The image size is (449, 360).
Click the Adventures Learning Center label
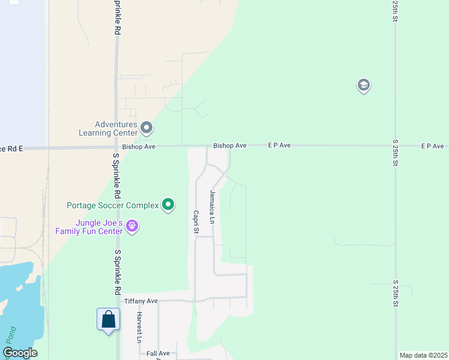(x=108, y=128)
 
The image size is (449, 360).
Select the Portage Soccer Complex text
(x=112, y=205)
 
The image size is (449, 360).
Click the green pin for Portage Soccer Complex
(x=169, y=205)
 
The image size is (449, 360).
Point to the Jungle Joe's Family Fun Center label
(x=89, y=227)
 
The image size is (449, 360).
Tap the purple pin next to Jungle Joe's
(x=132, y=227)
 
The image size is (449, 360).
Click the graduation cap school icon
(x=363, y=86)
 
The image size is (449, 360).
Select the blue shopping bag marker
(x=109, y=319)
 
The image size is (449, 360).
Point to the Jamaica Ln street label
(x=212, y=207)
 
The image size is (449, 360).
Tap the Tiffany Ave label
(x=140, y=301)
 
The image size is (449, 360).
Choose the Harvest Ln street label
(x=139, y=327)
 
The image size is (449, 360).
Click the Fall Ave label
(x=158, y=354)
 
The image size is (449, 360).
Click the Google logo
(x=20, y=353)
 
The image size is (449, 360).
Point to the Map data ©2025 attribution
(x=423, y=355)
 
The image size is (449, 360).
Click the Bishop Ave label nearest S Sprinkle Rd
(x=139, y=146)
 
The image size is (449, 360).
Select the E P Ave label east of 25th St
(x=432, y=146)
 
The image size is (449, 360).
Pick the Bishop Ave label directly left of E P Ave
(x=230, y=146)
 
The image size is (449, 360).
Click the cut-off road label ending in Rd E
(x=12, y=148)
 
